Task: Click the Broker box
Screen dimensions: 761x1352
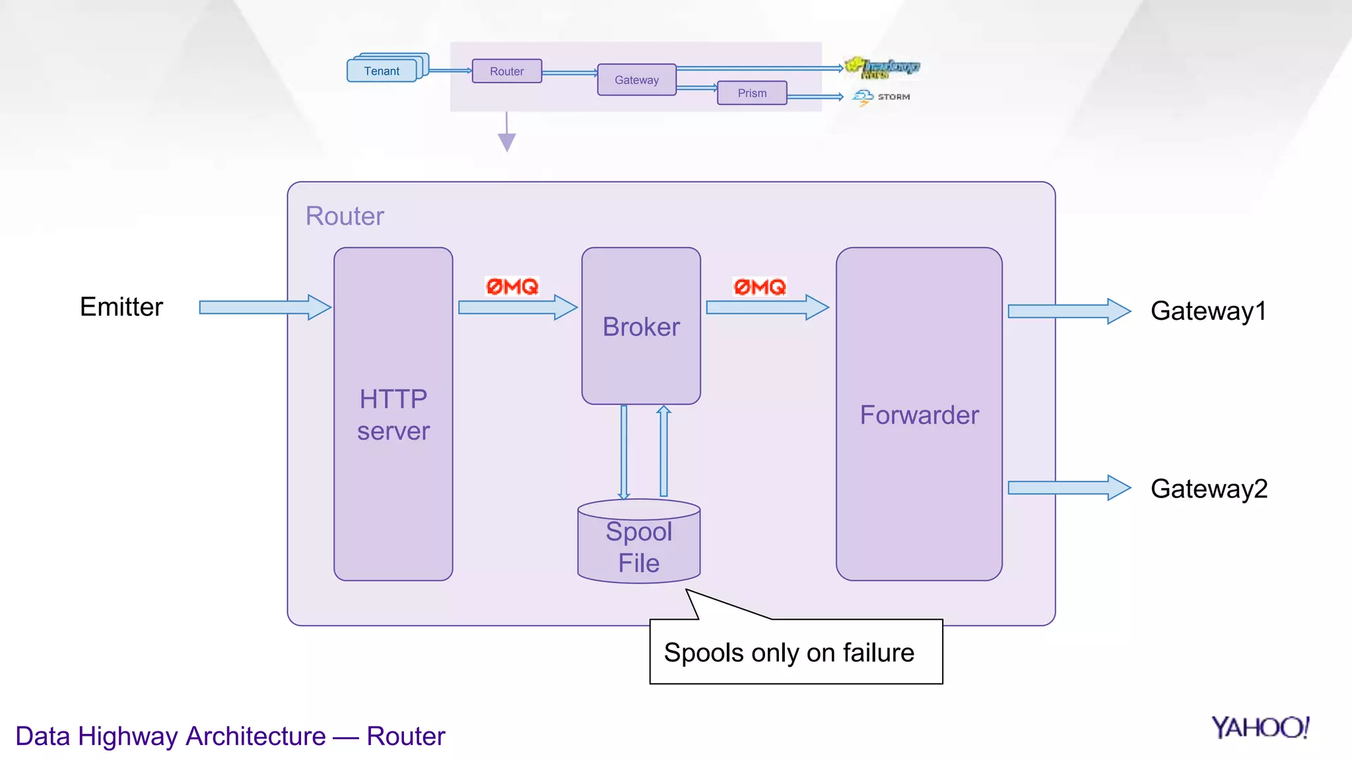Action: click(x=641, y=326)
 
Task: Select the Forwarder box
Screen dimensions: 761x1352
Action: click(x=919, y=414)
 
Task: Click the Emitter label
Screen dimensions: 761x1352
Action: click(x=121, y=307)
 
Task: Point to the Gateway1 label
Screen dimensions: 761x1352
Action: click(x=1208, y=311)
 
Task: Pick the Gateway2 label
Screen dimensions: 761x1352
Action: click(x=1209, y=489)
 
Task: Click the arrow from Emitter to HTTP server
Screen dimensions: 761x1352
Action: click(x=264, y=307)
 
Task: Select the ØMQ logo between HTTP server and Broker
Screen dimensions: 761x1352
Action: click(x=512, y=287)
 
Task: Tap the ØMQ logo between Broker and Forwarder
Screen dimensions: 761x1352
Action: click(x=760, y=287)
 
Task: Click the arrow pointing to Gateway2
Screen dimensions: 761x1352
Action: click(x=1068, y=488)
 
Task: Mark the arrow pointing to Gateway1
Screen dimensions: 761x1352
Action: click(x=1068, y=311)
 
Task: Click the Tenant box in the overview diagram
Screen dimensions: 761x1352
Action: click(x=382, y=71)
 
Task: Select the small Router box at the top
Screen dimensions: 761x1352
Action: click(x=506, y=71)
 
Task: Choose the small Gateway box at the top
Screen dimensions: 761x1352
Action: click(x=636, y=80)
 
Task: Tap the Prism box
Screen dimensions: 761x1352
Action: click(x=752, y=93)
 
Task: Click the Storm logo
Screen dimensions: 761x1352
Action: click(x=881, y=97)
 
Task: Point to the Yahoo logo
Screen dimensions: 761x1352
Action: click(x=1260, y=727)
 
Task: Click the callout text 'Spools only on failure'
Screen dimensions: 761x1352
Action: click(x=789, y=653)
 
